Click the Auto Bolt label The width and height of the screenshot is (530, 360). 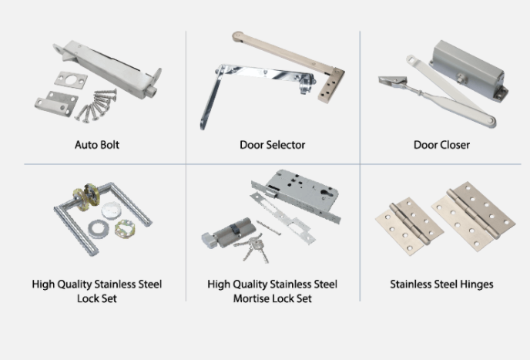[96, 144]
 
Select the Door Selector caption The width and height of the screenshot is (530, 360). [272, 144]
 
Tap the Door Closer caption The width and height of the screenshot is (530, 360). [441, 144]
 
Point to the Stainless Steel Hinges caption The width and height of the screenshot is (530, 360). [441, 284]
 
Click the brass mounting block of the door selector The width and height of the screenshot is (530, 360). [331, 78]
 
